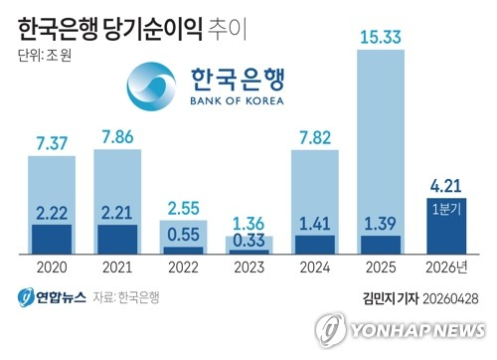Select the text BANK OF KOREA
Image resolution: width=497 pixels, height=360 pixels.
[235, 100]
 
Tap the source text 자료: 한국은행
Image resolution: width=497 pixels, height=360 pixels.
[126, 296]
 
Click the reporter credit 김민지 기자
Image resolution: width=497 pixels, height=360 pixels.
[390, 296]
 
